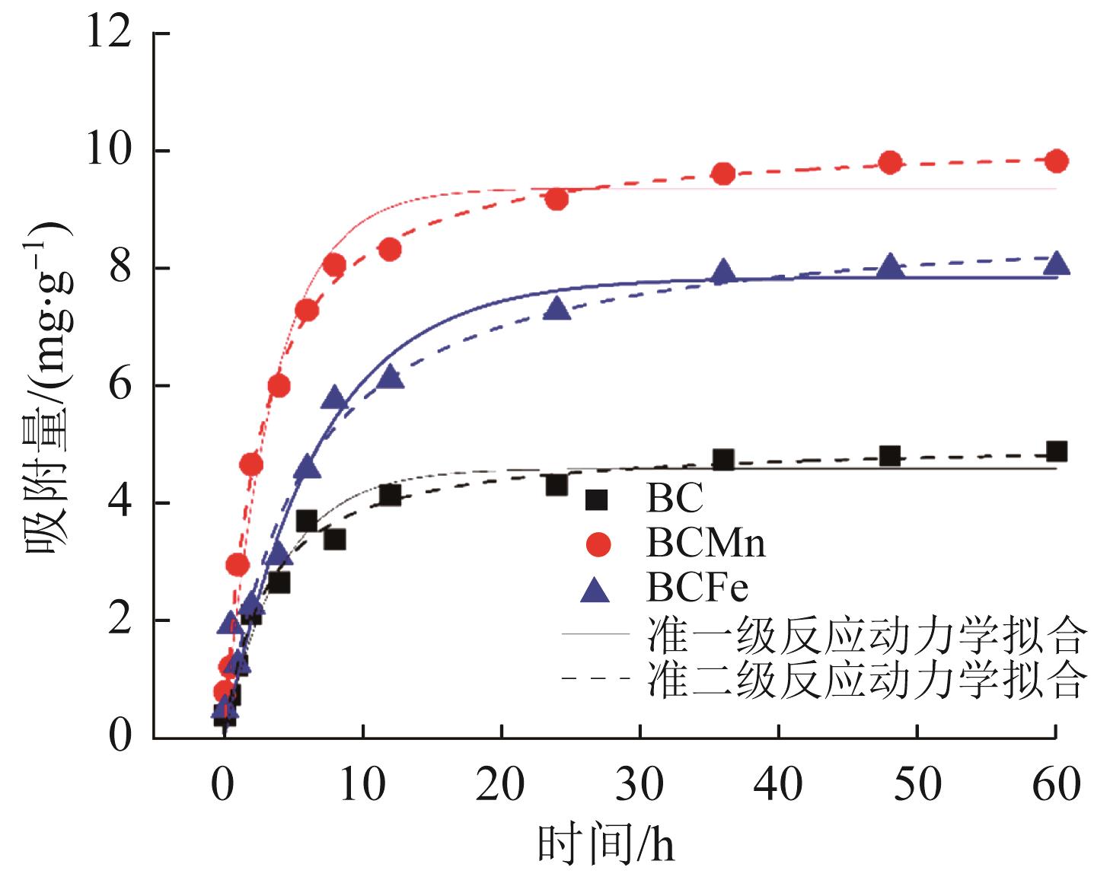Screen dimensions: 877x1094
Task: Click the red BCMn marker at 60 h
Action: click(x=1056, y=161)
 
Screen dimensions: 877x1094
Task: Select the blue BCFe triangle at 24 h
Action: click(x=557, y=308)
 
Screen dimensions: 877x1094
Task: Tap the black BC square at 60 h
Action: click(x=1056, y=451)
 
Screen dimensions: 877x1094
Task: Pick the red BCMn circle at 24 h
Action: click(x=557, y=199)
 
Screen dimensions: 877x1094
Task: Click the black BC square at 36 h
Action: click(x=723, y=460)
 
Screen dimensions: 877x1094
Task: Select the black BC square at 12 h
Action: click(x=390, y=496)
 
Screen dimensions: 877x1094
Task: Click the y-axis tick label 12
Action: click(x=109, y=35)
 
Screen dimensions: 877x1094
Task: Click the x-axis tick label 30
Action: click(x=639, y=784)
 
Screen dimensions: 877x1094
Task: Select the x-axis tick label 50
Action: click(x=917, y=784)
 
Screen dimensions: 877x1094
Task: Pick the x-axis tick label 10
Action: click(x=362, y=784)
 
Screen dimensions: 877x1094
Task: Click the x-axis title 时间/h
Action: click(x=606, y=845)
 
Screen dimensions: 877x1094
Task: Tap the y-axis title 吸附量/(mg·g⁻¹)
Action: click(x=50, y=384)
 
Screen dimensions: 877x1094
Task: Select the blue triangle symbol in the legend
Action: click(x=596, y=589)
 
